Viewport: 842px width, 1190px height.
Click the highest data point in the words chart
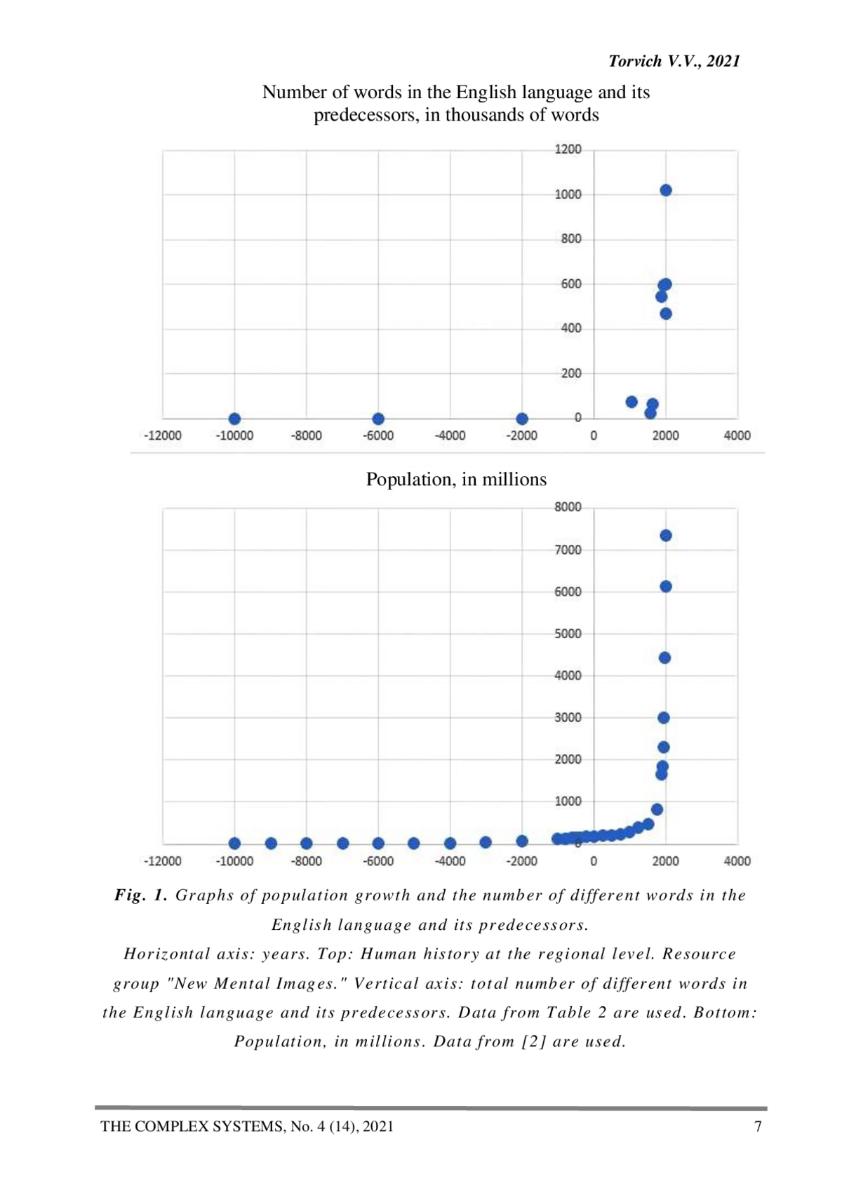tap(666, 191)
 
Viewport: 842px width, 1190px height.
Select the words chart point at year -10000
tap(235, 419)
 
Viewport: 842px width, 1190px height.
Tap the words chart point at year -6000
tap(378, 419)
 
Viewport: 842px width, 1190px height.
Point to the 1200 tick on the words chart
tap(568, 149)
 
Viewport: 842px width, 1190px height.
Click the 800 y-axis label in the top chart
tap(571, 239)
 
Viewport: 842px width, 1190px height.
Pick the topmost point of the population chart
tap(666, 536)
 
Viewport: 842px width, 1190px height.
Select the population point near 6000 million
tap(666, 586)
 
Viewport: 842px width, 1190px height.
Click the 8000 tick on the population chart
tap(568, 507)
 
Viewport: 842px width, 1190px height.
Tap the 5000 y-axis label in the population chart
tap(568, 634)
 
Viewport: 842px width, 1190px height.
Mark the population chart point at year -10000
tap(235, 844)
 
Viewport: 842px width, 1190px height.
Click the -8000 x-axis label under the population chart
tap(307, 861)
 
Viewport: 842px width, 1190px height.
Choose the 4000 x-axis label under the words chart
tap(737, 435)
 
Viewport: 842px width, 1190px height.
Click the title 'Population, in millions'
tap(456, 480)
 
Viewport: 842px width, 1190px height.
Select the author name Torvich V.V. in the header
tap(652, 62)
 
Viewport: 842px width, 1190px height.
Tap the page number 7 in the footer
tap(758, 1127)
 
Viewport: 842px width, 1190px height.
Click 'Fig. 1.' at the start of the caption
tap(141, 895)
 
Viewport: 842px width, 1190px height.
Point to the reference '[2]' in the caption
tap(534, 1042)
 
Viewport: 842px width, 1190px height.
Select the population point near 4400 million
tap(665, 658)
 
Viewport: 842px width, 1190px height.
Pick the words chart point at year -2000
tap(522, 419)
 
